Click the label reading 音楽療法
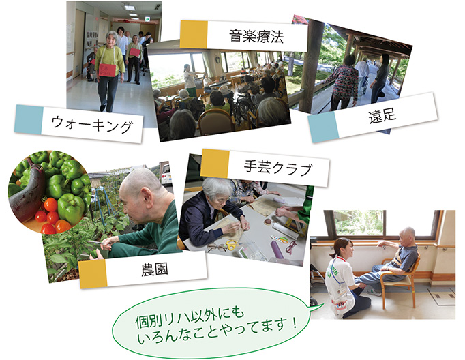(x=256, y=36)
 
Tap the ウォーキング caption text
(x=92, y=124)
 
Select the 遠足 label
(x=382, y=115)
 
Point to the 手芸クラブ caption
(x=278, y=168)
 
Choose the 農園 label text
(x=155, y=269)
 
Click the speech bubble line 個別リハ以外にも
(x=190, y=317)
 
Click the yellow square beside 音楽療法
(x=194, y=34)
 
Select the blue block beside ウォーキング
(x=28, y=119)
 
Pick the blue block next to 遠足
(x=324, y=127)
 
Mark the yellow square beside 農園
(x=93, y=274)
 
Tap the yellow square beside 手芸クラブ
(x=215, y=164)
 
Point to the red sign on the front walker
(x=107, y=70)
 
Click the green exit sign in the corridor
(x=147, y=19)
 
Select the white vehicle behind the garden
(x=166, y=175)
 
